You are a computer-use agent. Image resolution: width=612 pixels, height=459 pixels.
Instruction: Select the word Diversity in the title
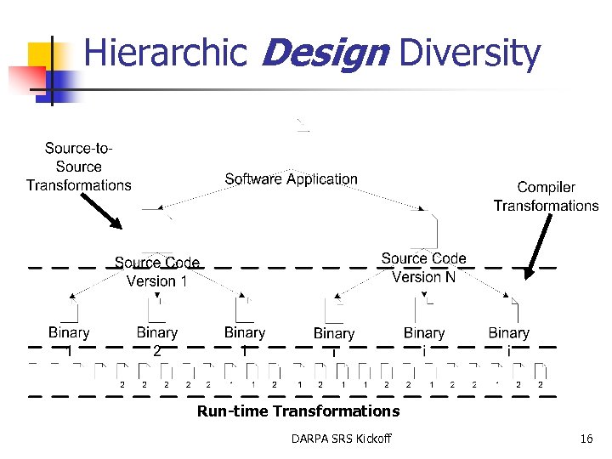(x=469, y=54)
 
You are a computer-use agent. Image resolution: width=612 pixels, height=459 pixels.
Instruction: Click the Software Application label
(x=291, y=179)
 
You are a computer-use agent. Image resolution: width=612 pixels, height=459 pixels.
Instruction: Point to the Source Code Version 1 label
(x=157, y=272)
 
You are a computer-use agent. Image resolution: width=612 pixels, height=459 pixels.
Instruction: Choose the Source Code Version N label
(x=423, y=268)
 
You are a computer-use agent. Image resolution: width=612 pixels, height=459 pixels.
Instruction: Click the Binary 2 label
(x=157, y=341)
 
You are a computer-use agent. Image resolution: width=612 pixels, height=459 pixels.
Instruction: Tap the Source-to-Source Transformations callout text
(x=78, y=167)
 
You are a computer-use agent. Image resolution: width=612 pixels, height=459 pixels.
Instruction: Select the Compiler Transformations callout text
(x=546, y=196)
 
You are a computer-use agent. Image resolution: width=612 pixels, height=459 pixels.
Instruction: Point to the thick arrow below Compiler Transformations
(x=536, y=246)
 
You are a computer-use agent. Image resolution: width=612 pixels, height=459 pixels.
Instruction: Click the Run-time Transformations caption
(x=298, y=411)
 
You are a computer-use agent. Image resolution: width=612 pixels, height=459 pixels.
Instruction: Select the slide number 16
(x=586, y=439)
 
